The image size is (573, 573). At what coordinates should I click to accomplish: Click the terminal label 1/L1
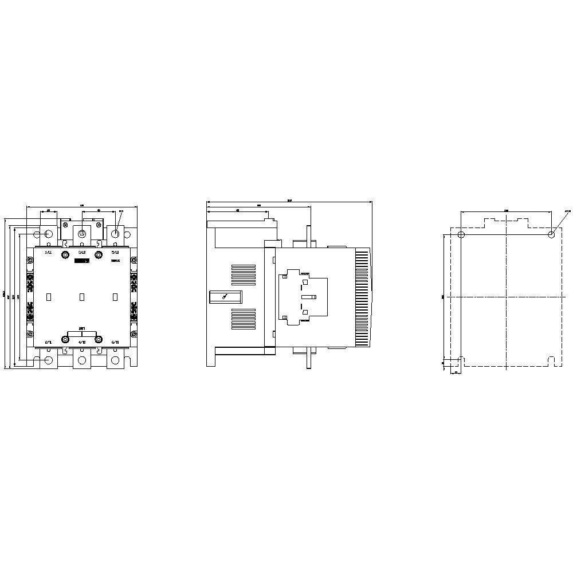pyautogui.click(x=48, y=252)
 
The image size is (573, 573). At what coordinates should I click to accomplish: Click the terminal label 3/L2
pyautogui.click(x=81, y=252)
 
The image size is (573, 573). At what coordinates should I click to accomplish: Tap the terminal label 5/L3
pyautogui.click(x=115, y=252)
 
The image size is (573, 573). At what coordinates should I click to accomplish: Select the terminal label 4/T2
pyautogui.click(x=81, y=342)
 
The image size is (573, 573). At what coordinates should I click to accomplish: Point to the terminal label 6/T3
pyautogui.click(x=115, y=342)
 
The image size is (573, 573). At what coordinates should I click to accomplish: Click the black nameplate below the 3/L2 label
pyautogui.click(x=81, y=261)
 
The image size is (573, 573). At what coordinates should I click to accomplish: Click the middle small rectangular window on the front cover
pyautogui.click(x=81, y=297)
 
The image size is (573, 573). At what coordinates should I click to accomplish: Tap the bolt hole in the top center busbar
pyautogui.click(x=81, y=234)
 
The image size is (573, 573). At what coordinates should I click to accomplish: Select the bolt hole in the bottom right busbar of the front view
pyautogui.click(x=115, y=360)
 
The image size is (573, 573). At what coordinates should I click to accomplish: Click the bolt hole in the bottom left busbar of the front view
pyautogui.click(x=48, y=360)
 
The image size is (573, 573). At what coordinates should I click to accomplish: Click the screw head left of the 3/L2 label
pyautogui.click(x=65, y=253)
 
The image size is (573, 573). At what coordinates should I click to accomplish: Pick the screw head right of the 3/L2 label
pyautogui.click(x=99, y=253)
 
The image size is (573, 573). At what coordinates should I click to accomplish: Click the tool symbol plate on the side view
pyautogui.click(x=225, y=297)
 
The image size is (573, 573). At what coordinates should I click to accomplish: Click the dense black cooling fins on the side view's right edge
pyautogui.click(x=363, y=297)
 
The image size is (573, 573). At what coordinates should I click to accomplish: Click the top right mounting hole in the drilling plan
pyautogui.click(x=551, y=234)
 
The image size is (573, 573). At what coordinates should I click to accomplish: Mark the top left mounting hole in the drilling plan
pyautogui.click(x=462, y=234)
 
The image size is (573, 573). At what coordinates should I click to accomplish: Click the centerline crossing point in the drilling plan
pyautogui.click(x=506, y=297)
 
